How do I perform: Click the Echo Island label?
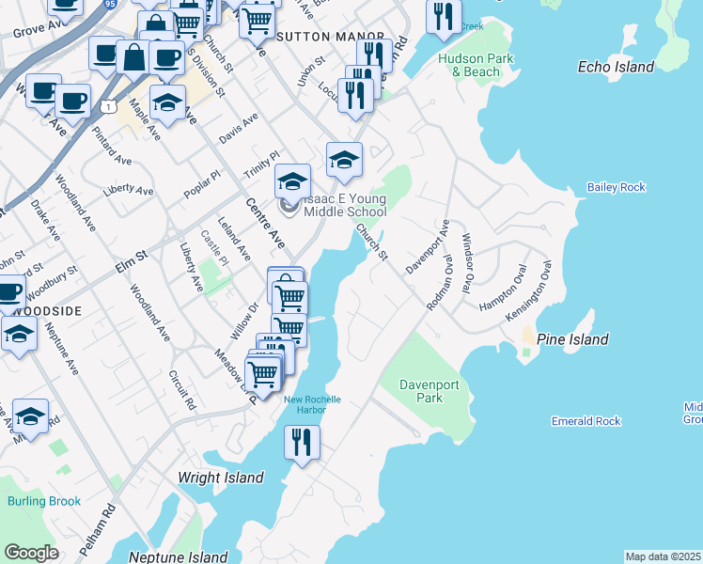[616, 68]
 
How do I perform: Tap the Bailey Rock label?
[617, 187]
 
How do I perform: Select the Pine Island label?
[572, 339]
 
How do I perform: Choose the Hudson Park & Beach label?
[469, 65]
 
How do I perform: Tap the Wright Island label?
[221, 478]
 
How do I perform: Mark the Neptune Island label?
[178, 556]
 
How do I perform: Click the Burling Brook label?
[44, 501]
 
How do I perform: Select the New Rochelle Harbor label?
[312, 404]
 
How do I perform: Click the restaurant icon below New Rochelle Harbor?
[302, 441]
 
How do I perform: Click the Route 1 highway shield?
[110, 109]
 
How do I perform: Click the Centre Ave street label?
[265, 224]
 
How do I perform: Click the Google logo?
[31, 552]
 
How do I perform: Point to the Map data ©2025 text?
[663, 556]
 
